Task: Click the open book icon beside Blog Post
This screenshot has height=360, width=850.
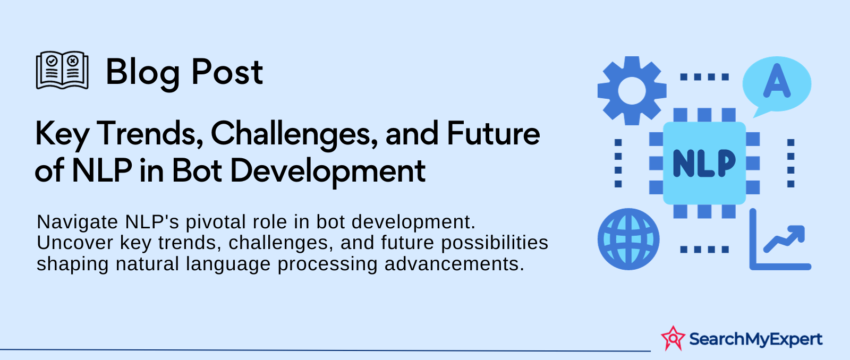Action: point(62,70)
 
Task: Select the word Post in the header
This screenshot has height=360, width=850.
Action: point(227,72)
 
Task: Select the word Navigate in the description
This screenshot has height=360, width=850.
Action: point(78,222)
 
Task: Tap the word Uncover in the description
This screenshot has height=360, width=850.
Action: point(75,243)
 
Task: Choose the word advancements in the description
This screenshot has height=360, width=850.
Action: point(454,264)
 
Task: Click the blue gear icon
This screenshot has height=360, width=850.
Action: point(632,91)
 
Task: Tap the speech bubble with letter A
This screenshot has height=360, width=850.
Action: point(776,85)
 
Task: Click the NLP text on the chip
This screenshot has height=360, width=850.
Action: point(704,164)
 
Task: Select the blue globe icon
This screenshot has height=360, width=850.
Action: point(628,239)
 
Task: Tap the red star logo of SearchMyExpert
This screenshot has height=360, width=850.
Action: point(673,338)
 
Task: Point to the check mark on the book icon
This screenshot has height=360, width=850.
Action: point(52,61)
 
